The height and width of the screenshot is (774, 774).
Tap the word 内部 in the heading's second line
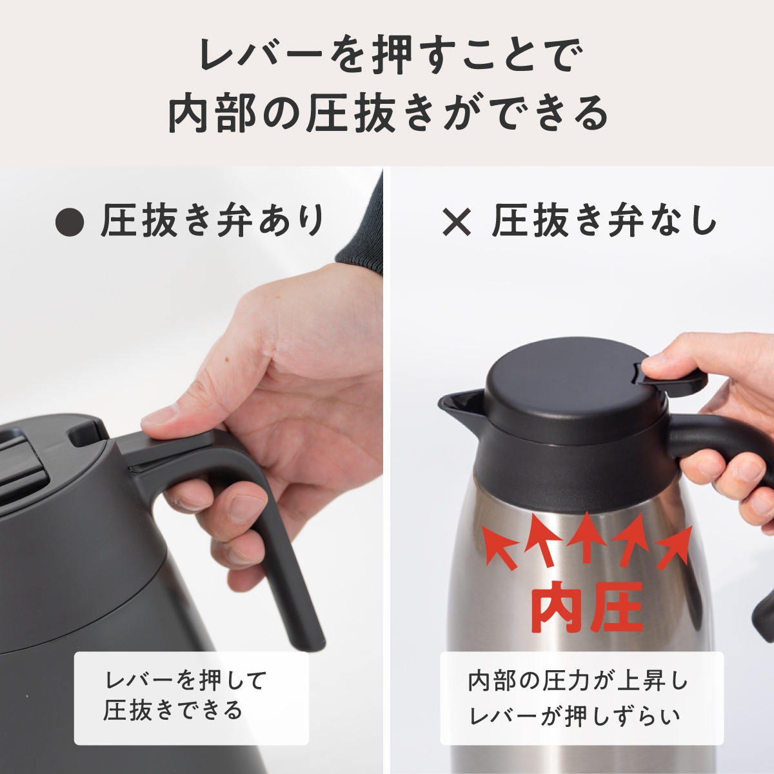pos(208,114)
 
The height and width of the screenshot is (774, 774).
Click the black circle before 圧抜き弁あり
pos(70,222)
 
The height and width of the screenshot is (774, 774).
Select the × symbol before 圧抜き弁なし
pos(457,222)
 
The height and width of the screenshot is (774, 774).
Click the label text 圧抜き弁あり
pos(212,221)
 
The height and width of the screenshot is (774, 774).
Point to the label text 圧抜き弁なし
pos(604,221)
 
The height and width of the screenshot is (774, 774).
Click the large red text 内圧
pos(586,607)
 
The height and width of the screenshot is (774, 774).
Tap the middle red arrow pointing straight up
pos(586,535)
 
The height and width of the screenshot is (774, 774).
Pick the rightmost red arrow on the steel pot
pos(674,546)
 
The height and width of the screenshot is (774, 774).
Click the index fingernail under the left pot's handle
pos(246,509)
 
